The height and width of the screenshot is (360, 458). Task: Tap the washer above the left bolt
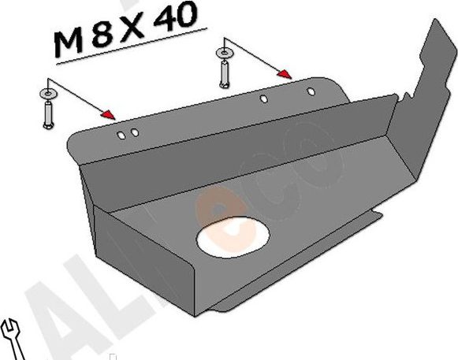point(47,95)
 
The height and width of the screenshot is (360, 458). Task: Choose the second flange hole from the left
point(136,132)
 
